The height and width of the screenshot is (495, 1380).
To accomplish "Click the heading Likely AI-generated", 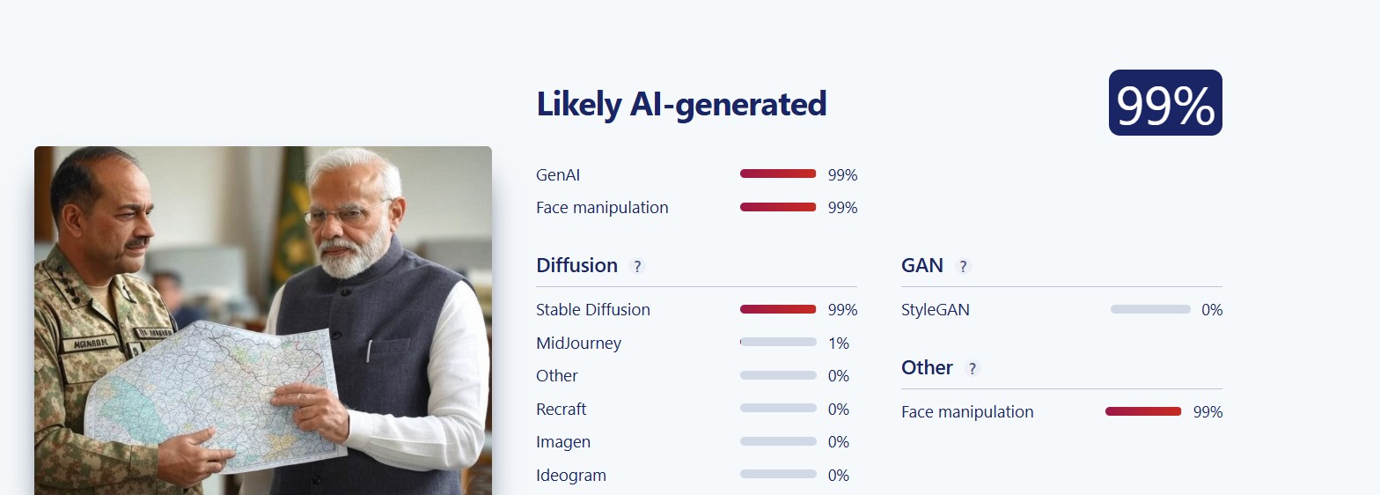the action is pyautogui.click(x=681, y=104).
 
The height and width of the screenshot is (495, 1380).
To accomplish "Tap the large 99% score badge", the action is pyautogui.click(x=1165, y=102).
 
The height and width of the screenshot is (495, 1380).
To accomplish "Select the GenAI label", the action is pyautogui.click(x=558, y=175).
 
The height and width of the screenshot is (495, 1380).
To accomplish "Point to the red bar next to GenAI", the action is pyautogui.click(x=778, y=174).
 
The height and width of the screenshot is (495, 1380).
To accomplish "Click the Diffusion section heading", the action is pyautogui.click(x=576, y=265).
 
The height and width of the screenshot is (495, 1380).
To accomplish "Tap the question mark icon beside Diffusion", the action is pyautogui.click(x=637, y=266).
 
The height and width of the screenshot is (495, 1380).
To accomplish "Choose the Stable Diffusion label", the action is pyautogui.click(x=592, y=309).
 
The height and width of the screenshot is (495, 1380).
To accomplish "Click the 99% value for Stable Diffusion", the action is pyautogui.click(x=843, y=309).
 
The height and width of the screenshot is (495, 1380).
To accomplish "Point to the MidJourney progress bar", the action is pyautogui.click(x=778, y=342).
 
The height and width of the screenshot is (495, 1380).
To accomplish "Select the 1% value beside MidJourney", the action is pyautogui.click(x=839, y=343).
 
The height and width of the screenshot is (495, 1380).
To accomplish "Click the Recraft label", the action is pyautogui.click(x=561, y=410).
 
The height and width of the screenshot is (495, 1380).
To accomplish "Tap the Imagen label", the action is pyautogui.click(x=563, y=442).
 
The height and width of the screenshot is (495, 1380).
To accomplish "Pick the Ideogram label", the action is pyautogui.click(x=571, y=476).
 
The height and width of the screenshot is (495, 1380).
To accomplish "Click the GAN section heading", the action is pyautogui.click(x=922, y=265).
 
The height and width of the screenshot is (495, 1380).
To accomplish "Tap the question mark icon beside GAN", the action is pyautogui.click(x=963, y=266).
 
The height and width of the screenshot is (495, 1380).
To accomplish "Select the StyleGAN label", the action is pyautogui.click(x=936, y=309).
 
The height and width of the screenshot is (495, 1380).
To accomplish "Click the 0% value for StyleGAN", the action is pyautogui.click(x=1212, y=309).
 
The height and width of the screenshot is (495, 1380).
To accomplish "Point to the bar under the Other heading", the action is pyautogui.click(x=1143, y=411).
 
